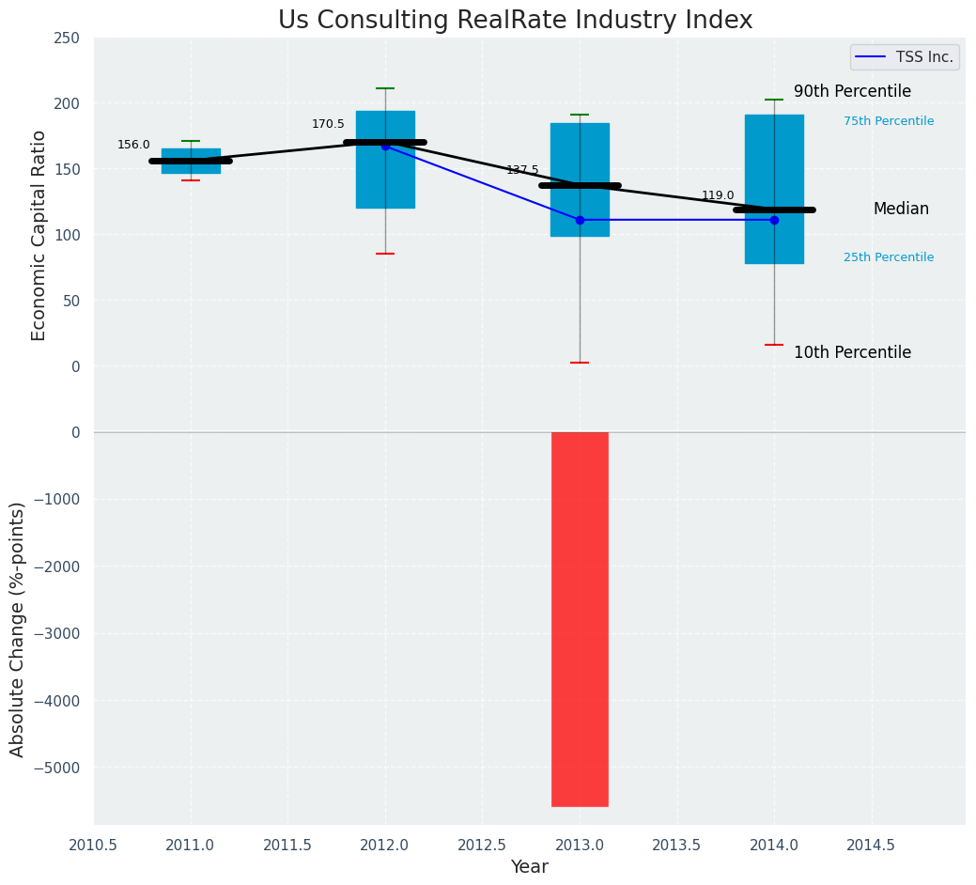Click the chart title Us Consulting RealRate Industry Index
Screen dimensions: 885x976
pos(515,20)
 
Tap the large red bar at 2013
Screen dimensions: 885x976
pos(580,618)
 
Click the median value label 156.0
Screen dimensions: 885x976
pos(133,145)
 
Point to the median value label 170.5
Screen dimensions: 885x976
pos(328,124)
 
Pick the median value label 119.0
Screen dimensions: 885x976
pos(718,195)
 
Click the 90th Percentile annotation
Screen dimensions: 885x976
pos(852,91)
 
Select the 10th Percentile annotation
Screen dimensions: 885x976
pos(852,352)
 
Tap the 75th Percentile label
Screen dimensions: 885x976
pos(889,121)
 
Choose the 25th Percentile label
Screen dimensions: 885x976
pos(889,257)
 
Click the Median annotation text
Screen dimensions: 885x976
pos(901,209)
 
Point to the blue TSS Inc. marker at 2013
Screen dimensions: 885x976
pos(580,220)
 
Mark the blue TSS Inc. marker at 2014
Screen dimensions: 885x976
pos(774,220)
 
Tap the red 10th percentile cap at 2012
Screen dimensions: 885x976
pos(385,254)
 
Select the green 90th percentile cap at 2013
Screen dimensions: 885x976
pos(580,115)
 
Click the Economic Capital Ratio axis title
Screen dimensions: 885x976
pos(39,235)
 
